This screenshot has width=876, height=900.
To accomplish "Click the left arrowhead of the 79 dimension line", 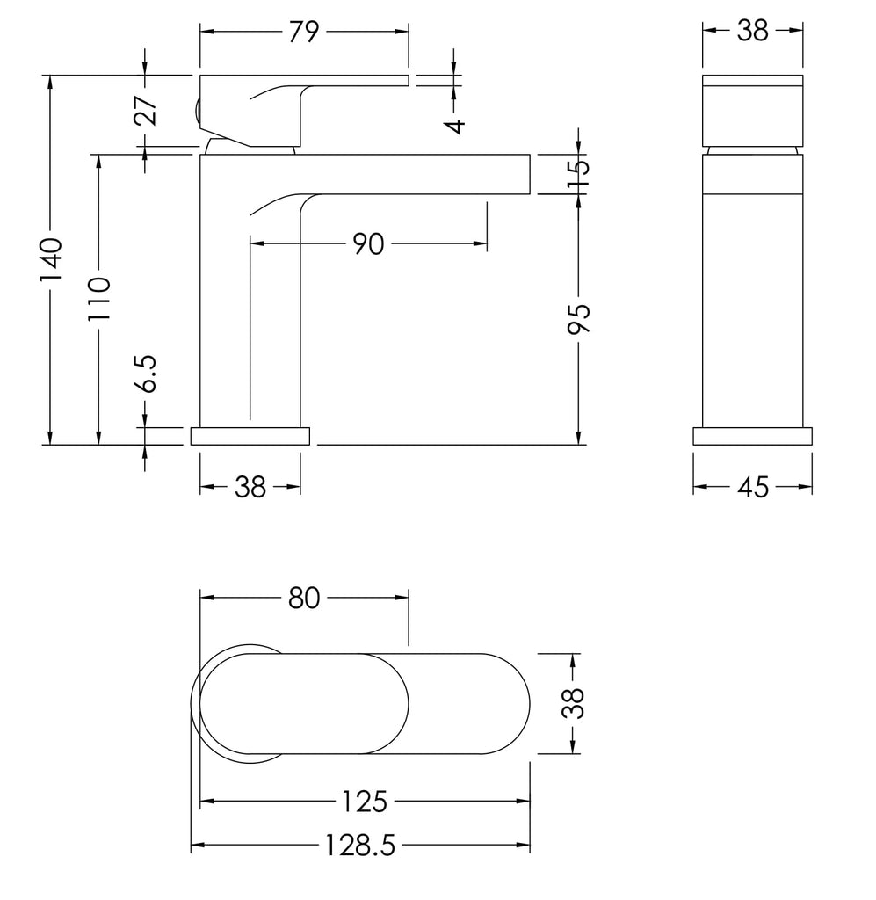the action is (x=206, y=33).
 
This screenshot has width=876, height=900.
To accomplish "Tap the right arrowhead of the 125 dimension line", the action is (x=523, y=801).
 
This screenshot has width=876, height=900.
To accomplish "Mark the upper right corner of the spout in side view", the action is (x=530, y=155).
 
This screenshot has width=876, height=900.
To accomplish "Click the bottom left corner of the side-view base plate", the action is (x=191, y=445).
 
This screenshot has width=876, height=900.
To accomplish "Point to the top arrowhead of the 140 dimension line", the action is (x=50, y=82).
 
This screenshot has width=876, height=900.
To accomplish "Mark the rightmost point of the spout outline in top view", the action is (x=530, y=704).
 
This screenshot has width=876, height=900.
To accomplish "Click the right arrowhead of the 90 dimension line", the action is (x=480, y=243).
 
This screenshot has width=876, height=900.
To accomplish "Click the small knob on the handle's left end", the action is (x=198, y=110).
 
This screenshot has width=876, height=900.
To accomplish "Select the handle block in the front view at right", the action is (x=752, y=111).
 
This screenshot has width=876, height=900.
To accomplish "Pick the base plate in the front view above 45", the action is (x=752, y=436).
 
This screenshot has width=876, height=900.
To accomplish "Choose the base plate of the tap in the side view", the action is (x=250, y=436).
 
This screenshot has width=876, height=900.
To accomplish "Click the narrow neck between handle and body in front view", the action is (x=752, y=150).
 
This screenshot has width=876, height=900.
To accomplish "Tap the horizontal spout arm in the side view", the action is (x=365, y=175).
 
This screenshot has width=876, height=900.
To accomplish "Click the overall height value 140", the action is (x=50, y=260).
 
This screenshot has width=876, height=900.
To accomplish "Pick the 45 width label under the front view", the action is (x=753, y=488).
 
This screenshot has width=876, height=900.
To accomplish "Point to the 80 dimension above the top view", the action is (x=304, y=598).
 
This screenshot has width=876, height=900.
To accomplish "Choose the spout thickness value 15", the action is (x=578, y=175).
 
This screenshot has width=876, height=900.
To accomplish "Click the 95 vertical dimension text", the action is (x=578, y=318).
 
